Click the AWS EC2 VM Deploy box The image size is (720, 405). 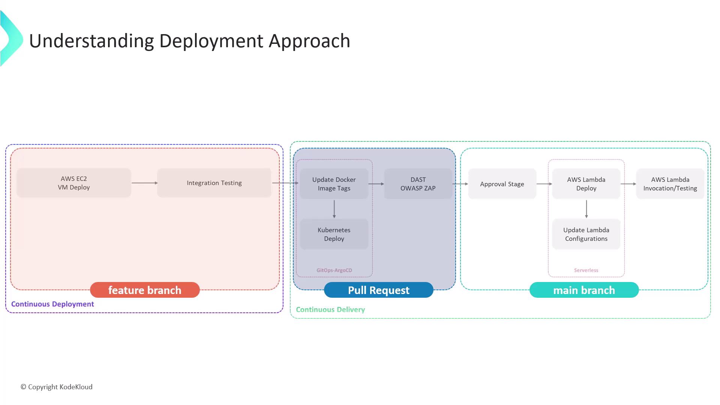(x=74, y=183)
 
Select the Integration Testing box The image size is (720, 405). (x=214, y=183)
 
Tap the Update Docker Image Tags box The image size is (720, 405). (x=334, y=184)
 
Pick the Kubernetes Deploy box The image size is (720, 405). (x=334, y=234)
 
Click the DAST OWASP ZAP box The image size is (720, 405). (x=418, y=184)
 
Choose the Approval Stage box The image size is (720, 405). (x=502, y=184)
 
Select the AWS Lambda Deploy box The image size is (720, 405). (x=586, y=184)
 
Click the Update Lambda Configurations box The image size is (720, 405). (x=586, y=234)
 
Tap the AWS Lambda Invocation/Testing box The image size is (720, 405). (x=670, y=184)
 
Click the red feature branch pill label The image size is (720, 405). (x=145, y=290)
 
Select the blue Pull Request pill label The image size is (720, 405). (x=379, y=290)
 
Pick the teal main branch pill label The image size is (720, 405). (x=584, y=290)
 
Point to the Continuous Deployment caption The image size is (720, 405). (x=52, y=304)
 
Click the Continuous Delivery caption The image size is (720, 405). (x=330, y=310)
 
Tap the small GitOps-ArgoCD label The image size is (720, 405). (x=334, y=270)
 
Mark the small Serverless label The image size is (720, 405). (x=586, y=270)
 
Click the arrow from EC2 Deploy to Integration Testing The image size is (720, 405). (x=144, y=183)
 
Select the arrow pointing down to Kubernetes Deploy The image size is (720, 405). (x=334, y=209)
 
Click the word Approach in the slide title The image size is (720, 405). (x=309, y=41)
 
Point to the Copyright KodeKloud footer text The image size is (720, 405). (x=57, y=387)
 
